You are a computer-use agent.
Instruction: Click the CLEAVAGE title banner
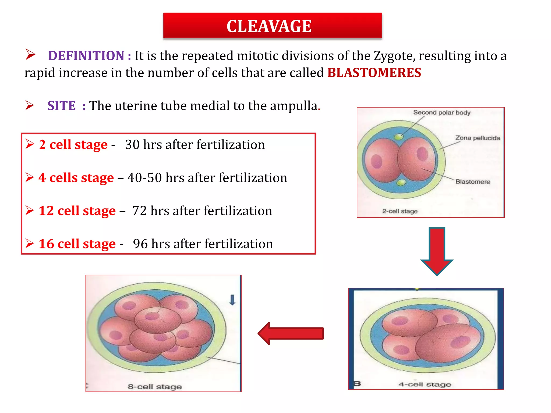272,26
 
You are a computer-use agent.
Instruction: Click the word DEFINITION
86,56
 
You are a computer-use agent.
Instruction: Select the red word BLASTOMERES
374,73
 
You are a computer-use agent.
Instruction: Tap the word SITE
62,106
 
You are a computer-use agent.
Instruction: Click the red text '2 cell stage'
73,145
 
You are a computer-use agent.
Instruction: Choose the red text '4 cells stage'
76,178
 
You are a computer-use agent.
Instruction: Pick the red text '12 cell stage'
77,211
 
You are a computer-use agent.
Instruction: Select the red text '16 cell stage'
77,244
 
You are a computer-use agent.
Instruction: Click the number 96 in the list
140,244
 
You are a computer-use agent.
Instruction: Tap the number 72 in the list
139,211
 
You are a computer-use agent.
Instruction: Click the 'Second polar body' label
442,112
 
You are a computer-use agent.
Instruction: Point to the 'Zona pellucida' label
478,138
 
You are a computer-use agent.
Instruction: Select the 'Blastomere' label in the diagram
473,182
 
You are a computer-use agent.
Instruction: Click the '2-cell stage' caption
400,211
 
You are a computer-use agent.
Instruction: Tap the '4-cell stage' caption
425,384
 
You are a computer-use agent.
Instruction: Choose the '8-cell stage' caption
155,387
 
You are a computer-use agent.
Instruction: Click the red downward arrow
437,250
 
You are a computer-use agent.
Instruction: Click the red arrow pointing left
291,333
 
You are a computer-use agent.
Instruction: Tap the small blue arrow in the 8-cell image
232,300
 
